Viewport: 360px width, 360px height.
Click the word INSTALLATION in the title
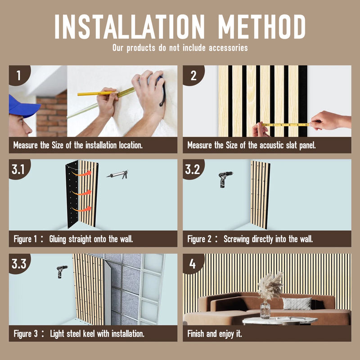(130, 27)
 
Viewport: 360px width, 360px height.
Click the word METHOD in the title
(262, 27)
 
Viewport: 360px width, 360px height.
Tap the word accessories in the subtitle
(228, 48)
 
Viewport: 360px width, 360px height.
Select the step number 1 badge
(19, 75)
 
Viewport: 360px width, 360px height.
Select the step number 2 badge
(193, 75)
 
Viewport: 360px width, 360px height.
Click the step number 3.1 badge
(19, 169)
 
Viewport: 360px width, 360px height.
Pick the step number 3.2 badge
(193, 169)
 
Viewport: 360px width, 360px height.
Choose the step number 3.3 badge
(19, 264)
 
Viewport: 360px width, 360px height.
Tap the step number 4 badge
(193, 264)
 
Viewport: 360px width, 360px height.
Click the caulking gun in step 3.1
(117, 175)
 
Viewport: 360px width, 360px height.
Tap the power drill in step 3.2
(225, 179)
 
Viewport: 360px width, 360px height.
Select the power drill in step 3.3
(62, 272)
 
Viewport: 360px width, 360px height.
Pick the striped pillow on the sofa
(297, 303)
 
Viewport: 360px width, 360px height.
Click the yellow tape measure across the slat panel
(286, 125)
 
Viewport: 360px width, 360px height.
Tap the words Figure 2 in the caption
(199, 239)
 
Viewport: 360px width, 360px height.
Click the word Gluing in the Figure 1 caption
(58, 239)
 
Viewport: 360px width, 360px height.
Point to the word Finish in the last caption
(196, 333)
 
